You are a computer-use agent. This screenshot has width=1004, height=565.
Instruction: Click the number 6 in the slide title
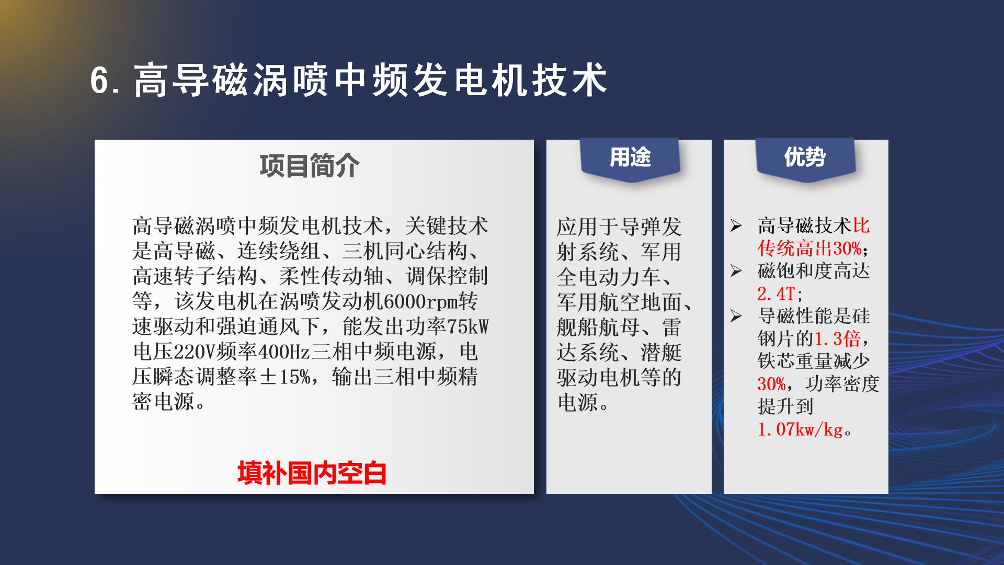[99, 81]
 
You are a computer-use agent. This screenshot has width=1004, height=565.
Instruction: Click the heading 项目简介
[310, 166]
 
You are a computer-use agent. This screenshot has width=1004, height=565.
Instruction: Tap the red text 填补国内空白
[312, 473]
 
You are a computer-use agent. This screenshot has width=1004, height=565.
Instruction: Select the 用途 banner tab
[630, 159]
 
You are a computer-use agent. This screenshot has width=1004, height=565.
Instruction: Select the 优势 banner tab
[805, 159]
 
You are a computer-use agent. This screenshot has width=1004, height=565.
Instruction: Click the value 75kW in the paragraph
[467, 326]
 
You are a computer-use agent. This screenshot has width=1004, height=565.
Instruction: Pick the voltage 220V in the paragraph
[194, 352]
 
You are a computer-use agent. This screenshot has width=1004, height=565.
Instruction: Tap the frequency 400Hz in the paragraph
[284, 352]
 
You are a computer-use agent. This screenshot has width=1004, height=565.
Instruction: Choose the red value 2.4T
[777, 293]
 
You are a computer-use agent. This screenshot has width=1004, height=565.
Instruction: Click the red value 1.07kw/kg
[801, 430]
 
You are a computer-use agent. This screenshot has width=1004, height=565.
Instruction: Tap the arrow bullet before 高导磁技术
[736, 226]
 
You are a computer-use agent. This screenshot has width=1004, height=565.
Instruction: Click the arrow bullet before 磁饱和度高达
[736, 271]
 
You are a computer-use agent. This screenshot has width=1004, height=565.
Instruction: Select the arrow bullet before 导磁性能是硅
[736, 316]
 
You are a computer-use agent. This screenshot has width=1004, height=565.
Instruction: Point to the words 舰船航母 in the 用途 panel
[598, 327]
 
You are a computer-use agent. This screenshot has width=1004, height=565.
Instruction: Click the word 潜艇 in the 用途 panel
[661, 353]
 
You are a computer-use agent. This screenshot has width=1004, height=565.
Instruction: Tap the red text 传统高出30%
[809, 248]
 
